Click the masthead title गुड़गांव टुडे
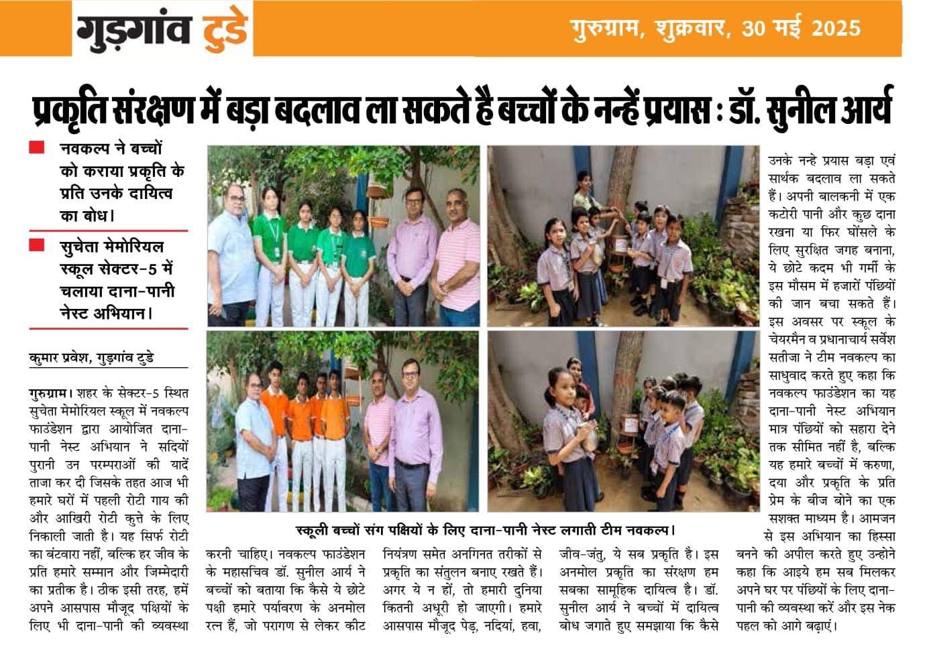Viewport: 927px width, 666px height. point(162,30)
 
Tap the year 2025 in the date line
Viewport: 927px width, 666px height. point(835,28)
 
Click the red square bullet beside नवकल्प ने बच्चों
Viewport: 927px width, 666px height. point(37,147)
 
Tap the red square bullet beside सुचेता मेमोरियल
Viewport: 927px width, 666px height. point(37,245)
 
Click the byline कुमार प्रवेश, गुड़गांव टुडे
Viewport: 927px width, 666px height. point(91,357)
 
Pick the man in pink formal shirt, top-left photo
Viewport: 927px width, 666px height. point(410,255)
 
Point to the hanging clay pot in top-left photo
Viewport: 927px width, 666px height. point(379,220)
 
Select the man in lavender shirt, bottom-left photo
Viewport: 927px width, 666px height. point(415,436)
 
